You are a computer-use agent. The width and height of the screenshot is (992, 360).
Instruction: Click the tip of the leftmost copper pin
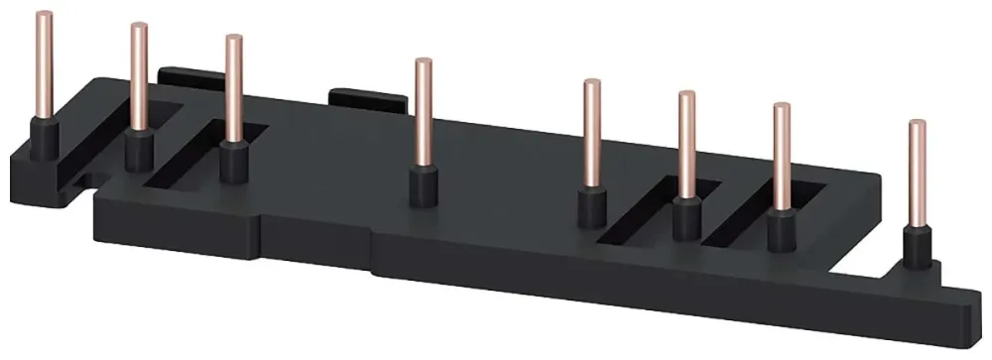coord(43,16)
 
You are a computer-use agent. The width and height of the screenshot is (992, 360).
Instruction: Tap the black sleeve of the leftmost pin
coord(43,139)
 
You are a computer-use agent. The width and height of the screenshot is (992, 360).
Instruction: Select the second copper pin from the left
coord(138,79)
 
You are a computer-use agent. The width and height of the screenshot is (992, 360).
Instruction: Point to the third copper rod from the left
coord(233,89)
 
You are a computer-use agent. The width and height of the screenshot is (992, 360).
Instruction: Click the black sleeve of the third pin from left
coord(234,162)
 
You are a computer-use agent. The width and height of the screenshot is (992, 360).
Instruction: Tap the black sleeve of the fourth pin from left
coord(424,186)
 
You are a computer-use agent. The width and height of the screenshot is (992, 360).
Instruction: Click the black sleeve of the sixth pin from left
coord(685,218)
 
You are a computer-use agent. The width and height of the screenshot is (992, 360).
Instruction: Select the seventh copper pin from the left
coord(782,159)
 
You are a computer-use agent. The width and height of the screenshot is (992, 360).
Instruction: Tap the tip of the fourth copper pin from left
coord(423,63)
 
